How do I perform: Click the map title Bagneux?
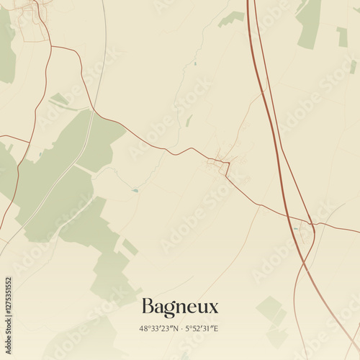[179, 307]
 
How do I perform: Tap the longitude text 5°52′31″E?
[202, 328]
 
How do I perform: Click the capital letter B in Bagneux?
[148, 307]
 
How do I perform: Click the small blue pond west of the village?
[135, 191]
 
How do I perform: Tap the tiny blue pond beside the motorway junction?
[295, 229]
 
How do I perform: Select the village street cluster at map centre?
[220, 163]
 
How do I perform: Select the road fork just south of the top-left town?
[52, 48]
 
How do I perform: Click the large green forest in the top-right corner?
[310, 22]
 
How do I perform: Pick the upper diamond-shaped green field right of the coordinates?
[269, 309]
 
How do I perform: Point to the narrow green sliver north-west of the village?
[189, 120]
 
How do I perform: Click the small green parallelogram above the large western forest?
[59, 99]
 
